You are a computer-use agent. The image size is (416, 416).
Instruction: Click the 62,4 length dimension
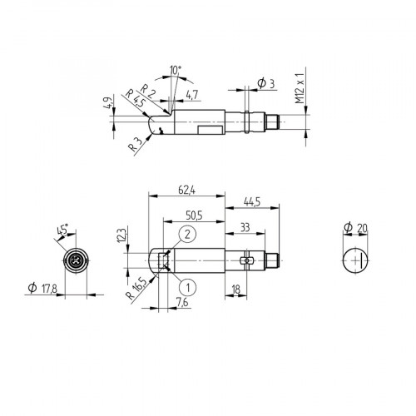(x=186, y=191)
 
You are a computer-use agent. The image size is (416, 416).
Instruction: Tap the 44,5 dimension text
(x=250, y=201)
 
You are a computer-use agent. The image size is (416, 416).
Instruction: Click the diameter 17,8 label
(x=43, y=288)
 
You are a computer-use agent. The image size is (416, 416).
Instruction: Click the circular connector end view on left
(x=76, y=261)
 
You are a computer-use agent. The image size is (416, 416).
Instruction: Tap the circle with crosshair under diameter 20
(x=357, y=260)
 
